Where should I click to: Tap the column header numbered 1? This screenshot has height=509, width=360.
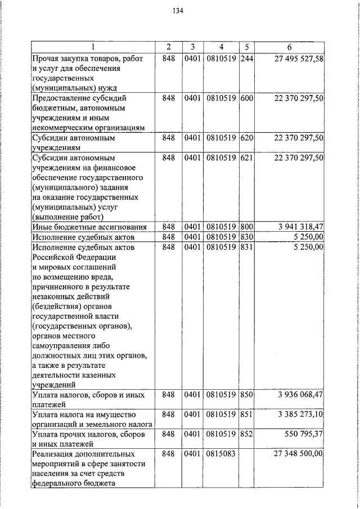(x=93, y=47)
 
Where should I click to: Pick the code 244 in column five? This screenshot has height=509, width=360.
(x=246, y=58)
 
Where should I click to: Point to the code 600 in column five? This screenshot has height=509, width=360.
(x=246, y=98)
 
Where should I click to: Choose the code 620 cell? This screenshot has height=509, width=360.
(x=246, y=138)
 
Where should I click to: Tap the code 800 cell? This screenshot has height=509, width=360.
(x=246, y=227)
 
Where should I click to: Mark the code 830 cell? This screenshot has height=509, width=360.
(x=246, y=237)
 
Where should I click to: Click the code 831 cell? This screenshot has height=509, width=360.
(x=246, y=247)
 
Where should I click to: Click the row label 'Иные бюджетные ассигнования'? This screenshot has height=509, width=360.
(x=89, y=227)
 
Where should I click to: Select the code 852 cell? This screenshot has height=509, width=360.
(x=246, y=434)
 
